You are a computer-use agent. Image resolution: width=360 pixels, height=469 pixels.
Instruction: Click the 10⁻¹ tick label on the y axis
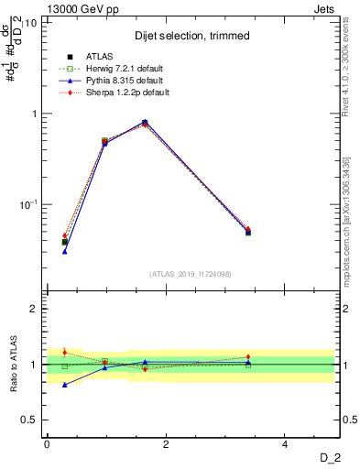click(x=27, y=204)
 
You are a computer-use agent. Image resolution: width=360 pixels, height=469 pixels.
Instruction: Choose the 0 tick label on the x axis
click(x=47, y=444)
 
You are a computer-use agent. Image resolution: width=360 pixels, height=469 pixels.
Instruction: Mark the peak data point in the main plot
click(x=145, y=123)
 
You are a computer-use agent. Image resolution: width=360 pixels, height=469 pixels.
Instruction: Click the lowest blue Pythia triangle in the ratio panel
click(x=65, y=385)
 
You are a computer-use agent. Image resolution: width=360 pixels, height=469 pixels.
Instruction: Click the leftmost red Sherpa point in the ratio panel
click(x=65, y=352)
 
